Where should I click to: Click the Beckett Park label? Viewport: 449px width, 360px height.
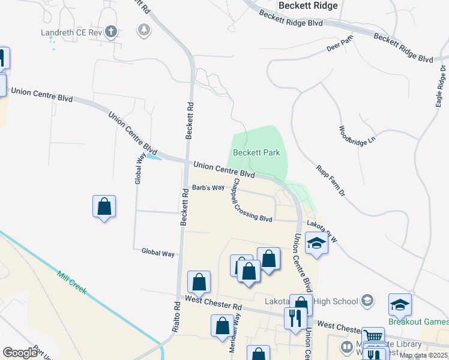click(x=256, y=152)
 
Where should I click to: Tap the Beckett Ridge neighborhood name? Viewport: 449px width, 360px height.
click(x=308, y=5)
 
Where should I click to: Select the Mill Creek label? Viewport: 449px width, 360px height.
click(x=72, y=283)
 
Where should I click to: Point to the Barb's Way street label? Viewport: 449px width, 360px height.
click(x=208, y=188)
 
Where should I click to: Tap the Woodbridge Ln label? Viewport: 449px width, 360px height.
click(x=357, y=137)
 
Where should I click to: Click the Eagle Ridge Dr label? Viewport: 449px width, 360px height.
click(x=442, y=85)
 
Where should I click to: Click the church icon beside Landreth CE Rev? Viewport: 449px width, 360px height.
click(x=110, y=31)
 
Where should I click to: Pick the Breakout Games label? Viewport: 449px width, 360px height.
click(x=418, y=322)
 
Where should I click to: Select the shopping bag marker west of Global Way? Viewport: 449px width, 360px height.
click(x=104, y=207)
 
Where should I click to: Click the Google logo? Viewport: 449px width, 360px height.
click(x=20, y=352)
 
